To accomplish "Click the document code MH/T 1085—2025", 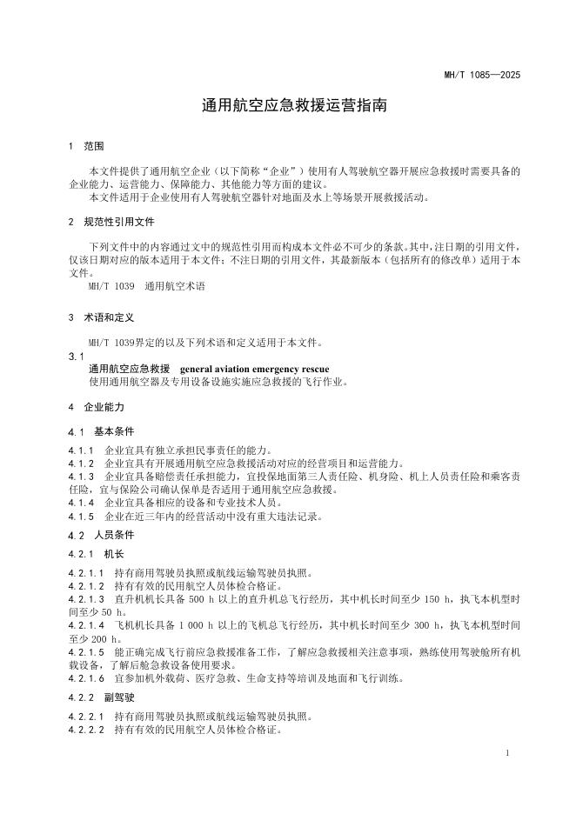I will [481, 76].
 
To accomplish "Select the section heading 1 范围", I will [86, 146].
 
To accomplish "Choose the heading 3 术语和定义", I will [101, 319].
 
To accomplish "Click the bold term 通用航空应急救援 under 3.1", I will [128, 370].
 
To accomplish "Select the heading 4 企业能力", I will [97, 407].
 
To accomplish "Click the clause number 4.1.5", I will [82, 516].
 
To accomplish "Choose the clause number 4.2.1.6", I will [85, 678].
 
